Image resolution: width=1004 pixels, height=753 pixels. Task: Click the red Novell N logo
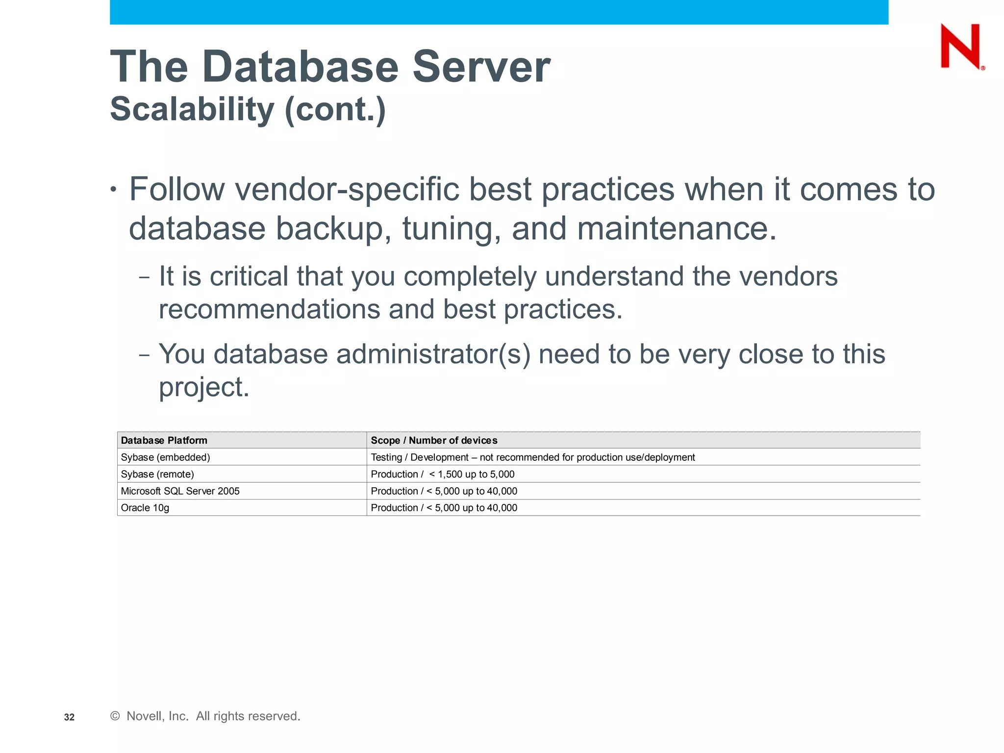click(x=961, y=47)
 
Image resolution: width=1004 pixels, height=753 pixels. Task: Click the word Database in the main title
click(x=300, y=67)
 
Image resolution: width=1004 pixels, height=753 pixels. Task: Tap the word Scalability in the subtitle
click(x=192, y=109)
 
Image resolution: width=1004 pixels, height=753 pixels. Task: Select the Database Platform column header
click(x=164, y=440)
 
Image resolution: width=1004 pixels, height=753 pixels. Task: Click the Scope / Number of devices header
click(x=434, y=440)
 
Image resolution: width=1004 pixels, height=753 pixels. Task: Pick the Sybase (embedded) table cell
click(x=165, y=457)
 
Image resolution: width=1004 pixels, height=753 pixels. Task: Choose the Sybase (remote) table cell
click(x=157, y=474)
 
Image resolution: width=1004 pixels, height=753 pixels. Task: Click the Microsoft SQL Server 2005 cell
click(x=180, y=491)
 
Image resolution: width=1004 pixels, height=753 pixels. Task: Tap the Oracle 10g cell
click(x=145, y=508)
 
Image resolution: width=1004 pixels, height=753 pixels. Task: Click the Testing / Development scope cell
click(x=532, y=457)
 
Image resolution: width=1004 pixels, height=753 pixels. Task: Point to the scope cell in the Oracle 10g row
click(x=444, y=508)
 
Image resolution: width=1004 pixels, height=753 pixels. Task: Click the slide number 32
click(x=69, y=717)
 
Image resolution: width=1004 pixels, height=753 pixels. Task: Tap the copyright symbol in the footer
click(x=115, y=716)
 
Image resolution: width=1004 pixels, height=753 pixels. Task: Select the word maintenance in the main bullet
click(x=677, y=228)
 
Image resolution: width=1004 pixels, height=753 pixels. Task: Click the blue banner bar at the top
click(x=499, y=12)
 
